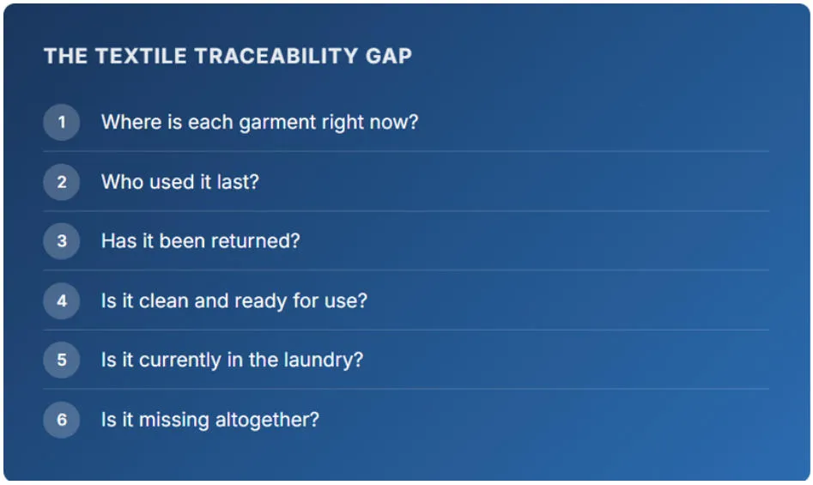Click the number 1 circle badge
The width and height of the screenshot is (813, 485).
click(x=62, y=122)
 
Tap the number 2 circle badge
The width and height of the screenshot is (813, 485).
click(x=62, y=182)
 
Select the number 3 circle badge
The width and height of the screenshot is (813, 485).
click(x=62, y=241)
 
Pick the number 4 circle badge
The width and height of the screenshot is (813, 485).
click(x=62, y=300)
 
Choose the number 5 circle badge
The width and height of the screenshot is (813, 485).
click(x=62, y=360)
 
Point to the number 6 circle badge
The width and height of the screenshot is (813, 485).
click(x=62, y=419)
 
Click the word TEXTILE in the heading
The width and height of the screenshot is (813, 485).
click(x=141, y=56)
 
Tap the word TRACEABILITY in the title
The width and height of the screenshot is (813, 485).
click(x=276, y=56)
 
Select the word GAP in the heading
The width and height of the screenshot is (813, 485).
click(x=389, y=56)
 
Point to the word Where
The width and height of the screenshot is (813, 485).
click(x=131, y=122)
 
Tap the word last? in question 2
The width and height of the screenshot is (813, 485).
click(x=238, y=182)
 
